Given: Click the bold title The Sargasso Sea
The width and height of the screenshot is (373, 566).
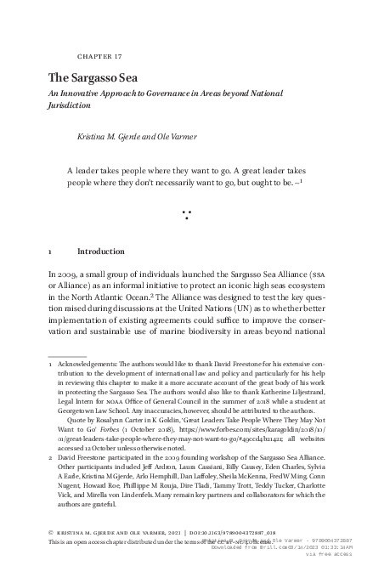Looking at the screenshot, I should pos(93,77).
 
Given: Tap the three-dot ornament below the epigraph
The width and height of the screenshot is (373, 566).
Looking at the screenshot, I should pos(186,217).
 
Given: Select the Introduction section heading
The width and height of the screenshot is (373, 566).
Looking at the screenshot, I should pos(102,252).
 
